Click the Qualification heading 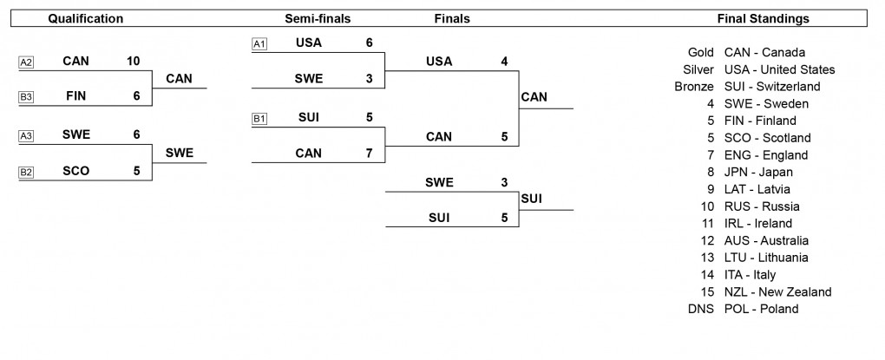[x=85, y=18]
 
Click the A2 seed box [x=26, y=62]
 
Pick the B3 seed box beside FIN [x=26, y=97]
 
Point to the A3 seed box [x=26, y=136]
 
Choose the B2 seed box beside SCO [x=26, y=172]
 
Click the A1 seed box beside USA [x=259, y=43]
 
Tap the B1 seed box [x=259, y=118]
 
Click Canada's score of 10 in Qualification [x=133, y=62]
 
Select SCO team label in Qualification [x=76, y=172]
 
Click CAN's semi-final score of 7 [x=369, y=154]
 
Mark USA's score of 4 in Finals [x=504, y=62]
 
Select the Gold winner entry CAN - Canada [x=764, y=52]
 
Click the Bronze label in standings [x=693, y=87]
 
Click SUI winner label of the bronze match [x=532, y=199]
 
